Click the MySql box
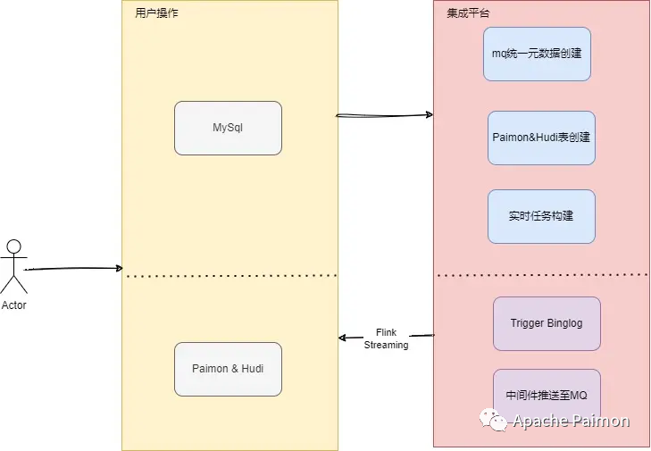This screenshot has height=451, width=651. click(228, 128)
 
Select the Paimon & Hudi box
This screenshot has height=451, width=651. click(228, 369)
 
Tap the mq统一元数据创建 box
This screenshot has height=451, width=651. click(537, 54)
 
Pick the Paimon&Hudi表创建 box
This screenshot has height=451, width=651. click(541, 138)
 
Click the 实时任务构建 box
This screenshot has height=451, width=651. click(541, 216)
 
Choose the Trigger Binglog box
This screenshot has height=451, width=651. click(547, 323)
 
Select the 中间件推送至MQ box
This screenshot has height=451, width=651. click(547, 395)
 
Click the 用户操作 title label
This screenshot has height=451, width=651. click(156, 13)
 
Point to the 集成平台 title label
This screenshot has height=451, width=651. click(468, 13)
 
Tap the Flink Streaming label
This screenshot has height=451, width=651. click(386, 338)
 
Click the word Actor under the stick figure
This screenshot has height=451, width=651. click(13, 305)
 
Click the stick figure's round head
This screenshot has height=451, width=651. click(13, 246)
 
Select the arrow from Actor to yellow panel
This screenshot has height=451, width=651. click(73, 269)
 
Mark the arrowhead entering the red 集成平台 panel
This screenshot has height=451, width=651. click(430, 114)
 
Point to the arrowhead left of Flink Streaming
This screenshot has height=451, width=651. click(343, 338)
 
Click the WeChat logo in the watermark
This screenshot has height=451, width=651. click(493, 420)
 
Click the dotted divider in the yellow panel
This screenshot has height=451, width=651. click(231, 275)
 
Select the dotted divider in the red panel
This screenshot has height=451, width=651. click(542, 275)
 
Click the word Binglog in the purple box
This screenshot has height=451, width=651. click(564, 323)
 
